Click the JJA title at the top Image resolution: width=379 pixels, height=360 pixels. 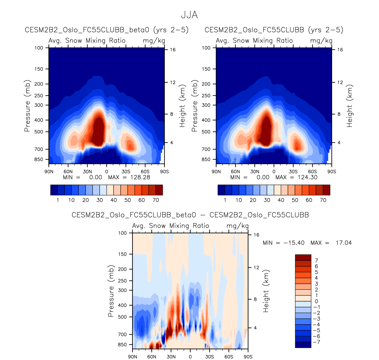[x=189, y=15]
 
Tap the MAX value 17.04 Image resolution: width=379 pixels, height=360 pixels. [x=344, y=243]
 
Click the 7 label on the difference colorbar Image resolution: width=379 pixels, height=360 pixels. [x=316, y=260]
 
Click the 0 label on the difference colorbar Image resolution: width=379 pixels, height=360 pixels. [x=316, y=301]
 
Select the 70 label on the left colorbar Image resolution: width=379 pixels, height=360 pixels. [x=156, y=200]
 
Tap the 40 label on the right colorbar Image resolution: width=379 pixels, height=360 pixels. [x=281, y=200]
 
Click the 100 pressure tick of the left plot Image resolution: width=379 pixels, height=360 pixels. [x=39, y=48]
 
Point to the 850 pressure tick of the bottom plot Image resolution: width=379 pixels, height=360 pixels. [x=122, y=345]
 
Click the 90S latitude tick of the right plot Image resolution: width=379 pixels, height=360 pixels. [x=332, y=172]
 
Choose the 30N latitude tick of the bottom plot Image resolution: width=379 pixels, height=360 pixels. [x=171, y=357]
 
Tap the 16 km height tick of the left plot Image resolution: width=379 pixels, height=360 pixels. [x=173, y=50]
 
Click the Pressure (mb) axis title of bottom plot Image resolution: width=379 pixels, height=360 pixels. [x=111, y=291]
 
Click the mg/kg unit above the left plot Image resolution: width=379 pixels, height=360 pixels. [x=154, y=40]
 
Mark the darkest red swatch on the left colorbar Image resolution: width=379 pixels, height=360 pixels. [x=159, y=190]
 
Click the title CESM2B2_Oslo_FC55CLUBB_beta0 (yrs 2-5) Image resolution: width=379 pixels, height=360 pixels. [x=106, y=30]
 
